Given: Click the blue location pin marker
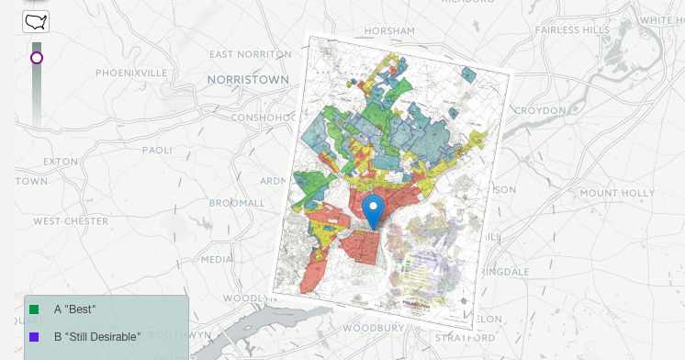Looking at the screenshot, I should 373,210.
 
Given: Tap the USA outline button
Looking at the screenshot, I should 36,21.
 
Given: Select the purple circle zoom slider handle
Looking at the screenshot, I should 37,58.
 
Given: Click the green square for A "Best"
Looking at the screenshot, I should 34,309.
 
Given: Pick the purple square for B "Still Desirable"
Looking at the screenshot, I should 34,337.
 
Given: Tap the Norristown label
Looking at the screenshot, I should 247,80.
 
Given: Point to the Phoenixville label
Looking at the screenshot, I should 131,73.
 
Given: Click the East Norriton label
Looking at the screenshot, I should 249,54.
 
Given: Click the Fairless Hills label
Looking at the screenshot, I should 572,29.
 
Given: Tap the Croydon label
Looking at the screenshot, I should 540,110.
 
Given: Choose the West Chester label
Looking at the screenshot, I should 73,221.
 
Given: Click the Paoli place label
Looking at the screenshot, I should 157,150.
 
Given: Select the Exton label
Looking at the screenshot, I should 61,162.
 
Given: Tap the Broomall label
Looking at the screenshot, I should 237,202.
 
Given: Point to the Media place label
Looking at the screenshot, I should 217,259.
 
